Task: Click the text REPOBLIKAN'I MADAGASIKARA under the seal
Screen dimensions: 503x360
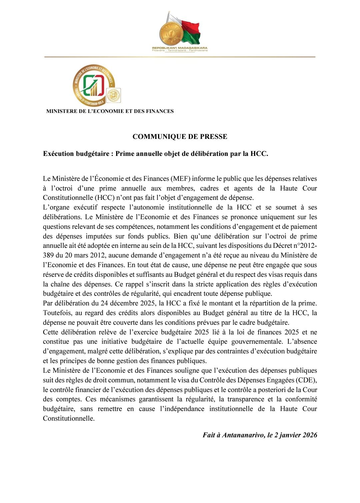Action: [180, 48]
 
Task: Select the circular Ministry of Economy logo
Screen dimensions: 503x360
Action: [93, 85]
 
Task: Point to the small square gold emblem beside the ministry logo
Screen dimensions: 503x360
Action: [114, 95]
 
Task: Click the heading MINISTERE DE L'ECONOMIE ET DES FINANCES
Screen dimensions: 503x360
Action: [110, 111]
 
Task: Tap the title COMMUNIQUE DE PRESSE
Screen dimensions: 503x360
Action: [180, 137]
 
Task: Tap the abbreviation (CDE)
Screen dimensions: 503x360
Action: [306, 380]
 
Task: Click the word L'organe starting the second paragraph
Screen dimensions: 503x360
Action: [56, 208]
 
